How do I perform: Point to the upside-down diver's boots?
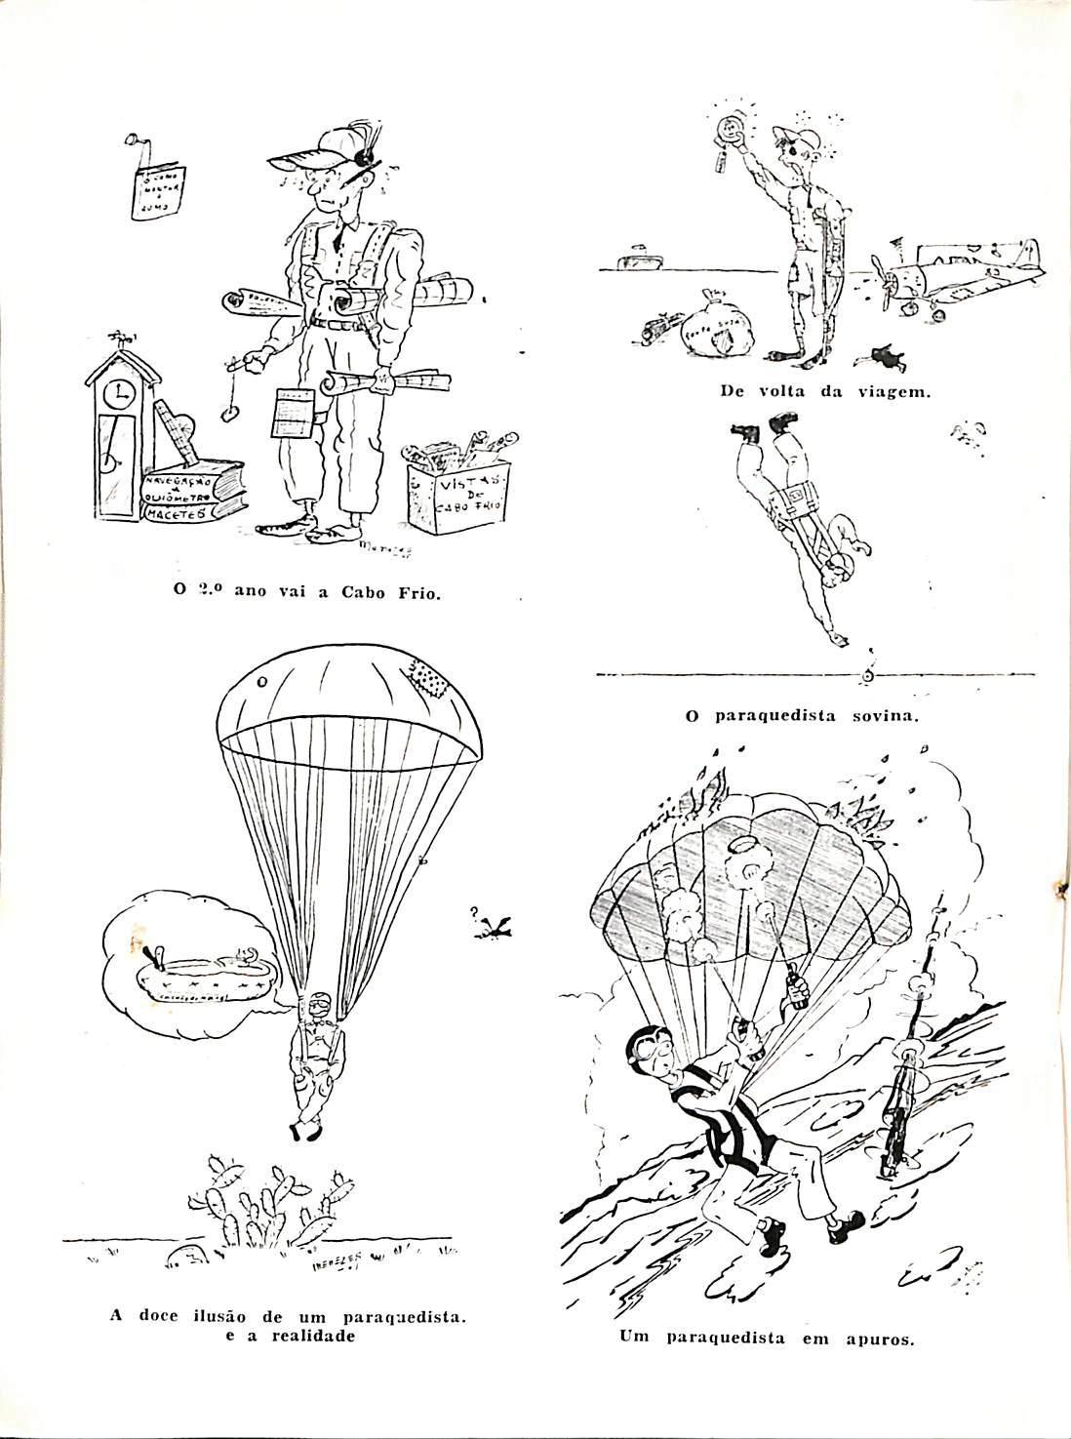click(760, 427)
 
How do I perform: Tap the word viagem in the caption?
click(892, 392)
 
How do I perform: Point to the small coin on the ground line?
click(867, 675)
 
